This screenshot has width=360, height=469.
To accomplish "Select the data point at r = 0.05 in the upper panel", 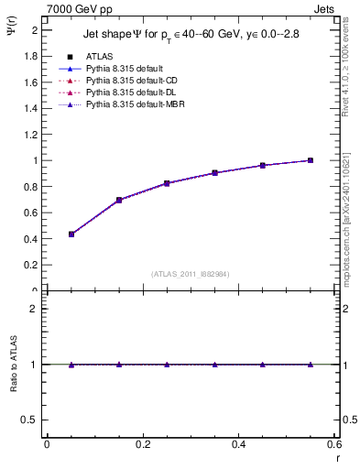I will point(71,234).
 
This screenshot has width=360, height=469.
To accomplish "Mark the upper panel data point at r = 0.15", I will point(119,200).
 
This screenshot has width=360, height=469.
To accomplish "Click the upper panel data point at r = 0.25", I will point(167,183).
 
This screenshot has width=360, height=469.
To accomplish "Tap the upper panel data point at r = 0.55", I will point(311,160).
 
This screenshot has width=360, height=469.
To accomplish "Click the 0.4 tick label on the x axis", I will point(238,443).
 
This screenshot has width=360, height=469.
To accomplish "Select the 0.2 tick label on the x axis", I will point(142,443).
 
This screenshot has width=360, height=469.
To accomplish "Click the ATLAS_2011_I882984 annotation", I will point(190,273).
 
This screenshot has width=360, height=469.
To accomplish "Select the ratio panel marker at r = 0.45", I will point(263,365).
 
